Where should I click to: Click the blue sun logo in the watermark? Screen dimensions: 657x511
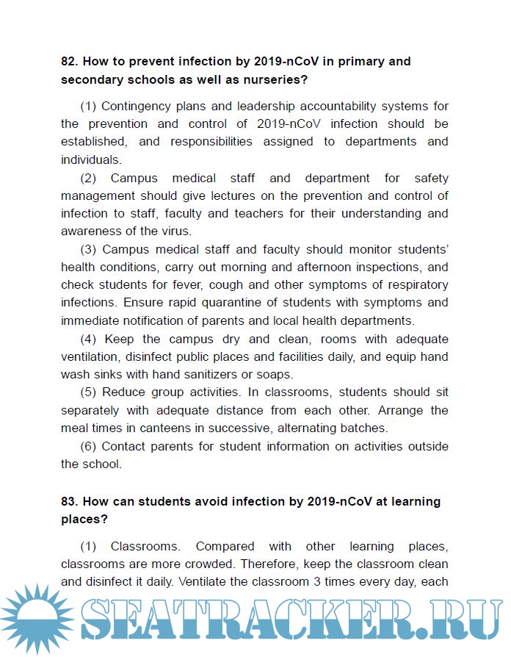tap(34, 617)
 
